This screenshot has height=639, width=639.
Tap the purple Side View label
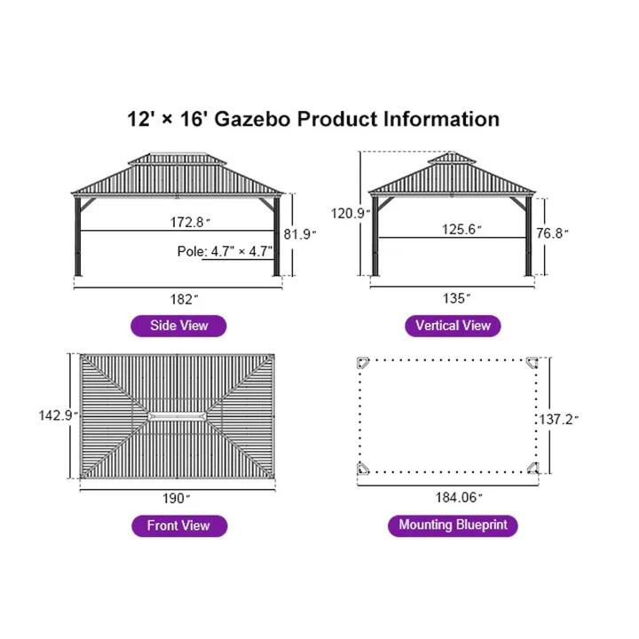pos(178,326)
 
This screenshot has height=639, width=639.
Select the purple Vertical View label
pos(453,326)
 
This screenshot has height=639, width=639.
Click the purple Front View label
pos(178,525)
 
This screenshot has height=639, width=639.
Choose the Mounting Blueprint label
pos(453,525)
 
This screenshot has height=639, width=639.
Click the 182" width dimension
pos(178,298)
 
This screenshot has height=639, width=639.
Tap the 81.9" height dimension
pos(299,233)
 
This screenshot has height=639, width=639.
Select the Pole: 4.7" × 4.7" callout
pos(224,251)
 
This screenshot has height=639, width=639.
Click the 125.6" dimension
pos(461,230)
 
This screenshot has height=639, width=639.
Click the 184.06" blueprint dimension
pos(449,499)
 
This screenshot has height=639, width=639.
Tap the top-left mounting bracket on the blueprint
pos(363,364)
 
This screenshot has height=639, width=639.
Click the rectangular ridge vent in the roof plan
pos(177,416)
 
